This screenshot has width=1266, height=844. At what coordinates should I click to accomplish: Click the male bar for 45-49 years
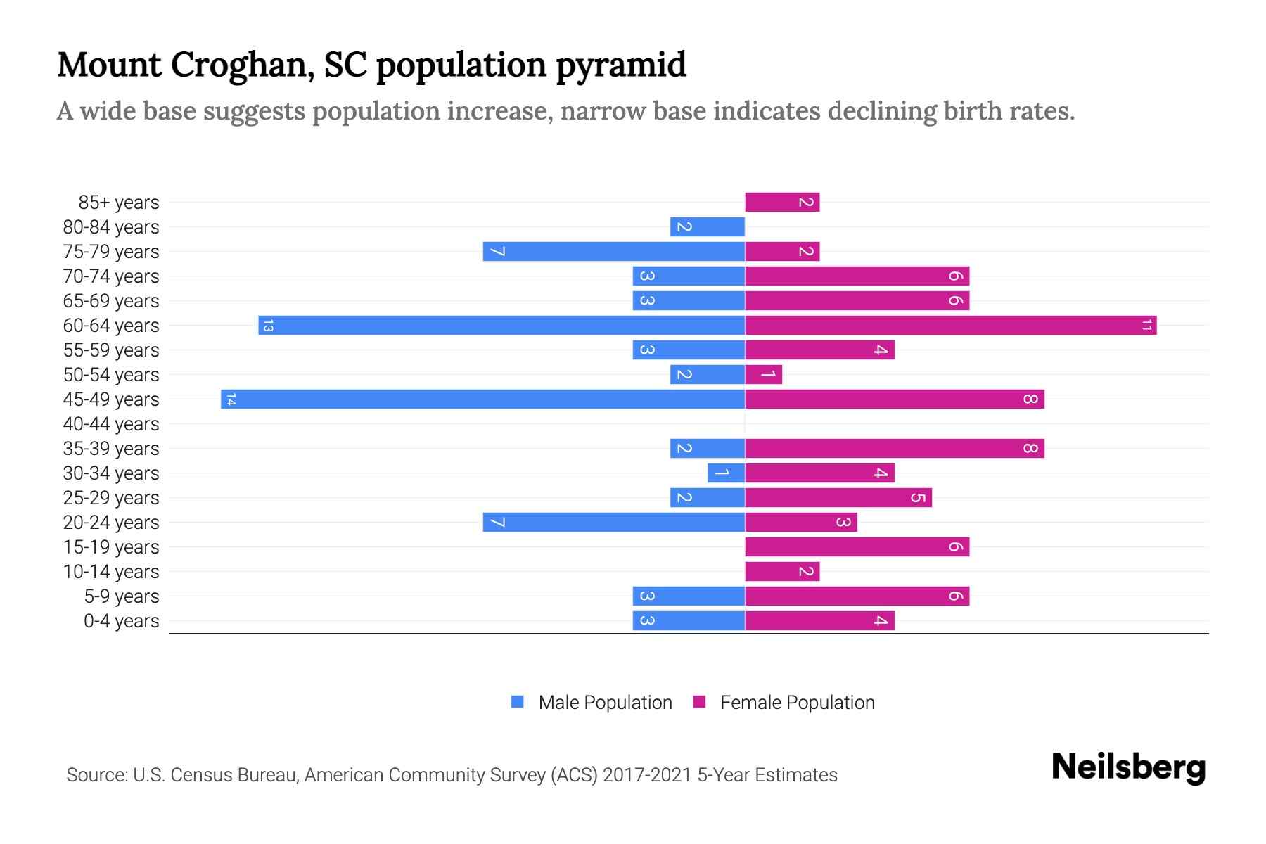click(x=482, y=399)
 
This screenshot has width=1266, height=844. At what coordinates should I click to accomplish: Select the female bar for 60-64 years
click(x=950, y=325)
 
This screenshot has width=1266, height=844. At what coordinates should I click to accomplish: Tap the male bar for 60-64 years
click(x=501, y=325)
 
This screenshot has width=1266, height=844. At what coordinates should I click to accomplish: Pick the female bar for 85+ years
click(x=782, y=202)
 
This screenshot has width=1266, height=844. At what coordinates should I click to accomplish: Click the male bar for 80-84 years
click(x=707, y=226)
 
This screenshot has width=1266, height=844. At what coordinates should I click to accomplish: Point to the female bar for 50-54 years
click(x=763, y=374)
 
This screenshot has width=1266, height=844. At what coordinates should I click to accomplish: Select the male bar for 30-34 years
click(x=726, y=473)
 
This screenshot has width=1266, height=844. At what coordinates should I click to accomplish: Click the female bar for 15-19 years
click(x=857, y=546)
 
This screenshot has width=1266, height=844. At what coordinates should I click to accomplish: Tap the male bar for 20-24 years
click(x=613, y=522)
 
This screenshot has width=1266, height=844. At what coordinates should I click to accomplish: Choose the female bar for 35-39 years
click(x=894, y=448)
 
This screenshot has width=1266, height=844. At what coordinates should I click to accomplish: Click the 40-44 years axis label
click(x=111, y=424)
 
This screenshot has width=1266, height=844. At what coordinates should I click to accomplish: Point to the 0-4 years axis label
click(x=121, y=621)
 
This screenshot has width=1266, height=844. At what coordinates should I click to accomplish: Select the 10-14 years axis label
click(x=111, y=572)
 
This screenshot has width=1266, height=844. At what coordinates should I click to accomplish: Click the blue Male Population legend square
click(x=518, y=702)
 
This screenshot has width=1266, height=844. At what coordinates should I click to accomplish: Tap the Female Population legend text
click(x=797, y=703)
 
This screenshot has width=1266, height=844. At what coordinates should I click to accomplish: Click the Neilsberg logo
click(x=1128, y=767)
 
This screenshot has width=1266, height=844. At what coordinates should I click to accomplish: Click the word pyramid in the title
click(x=621, y=65)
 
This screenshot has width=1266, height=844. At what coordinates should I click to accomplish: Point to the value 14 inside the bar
click(x=231, y=399)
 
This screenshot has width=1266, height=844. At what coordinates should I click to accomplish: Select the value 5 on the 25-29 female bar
click(x=918, y=498)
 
